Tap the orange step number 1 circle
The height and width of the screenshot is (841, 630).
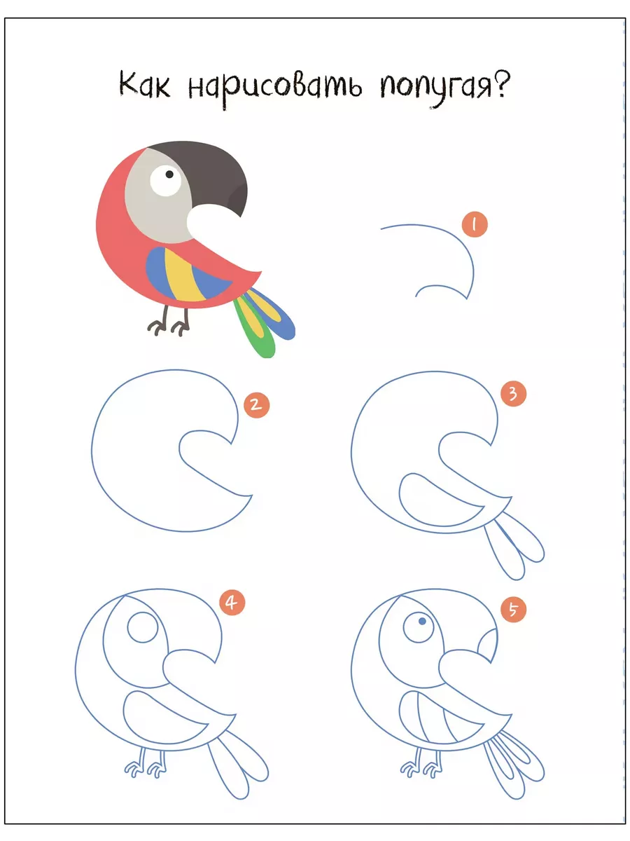(475, 224)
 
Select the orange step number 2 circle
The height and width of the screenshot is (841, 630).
(256, 404)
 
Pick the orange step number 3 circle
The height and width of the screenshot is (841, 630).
(513, 393)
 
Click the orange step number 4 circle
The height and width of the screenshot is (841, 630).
(232, 602)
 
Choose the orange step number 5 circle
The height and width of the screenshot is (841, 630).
(513, 609)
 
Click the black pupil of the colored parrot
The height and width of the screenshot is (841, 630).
(169, 175)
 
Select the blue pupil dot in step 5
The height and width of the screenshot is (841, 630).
(422, 621)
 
